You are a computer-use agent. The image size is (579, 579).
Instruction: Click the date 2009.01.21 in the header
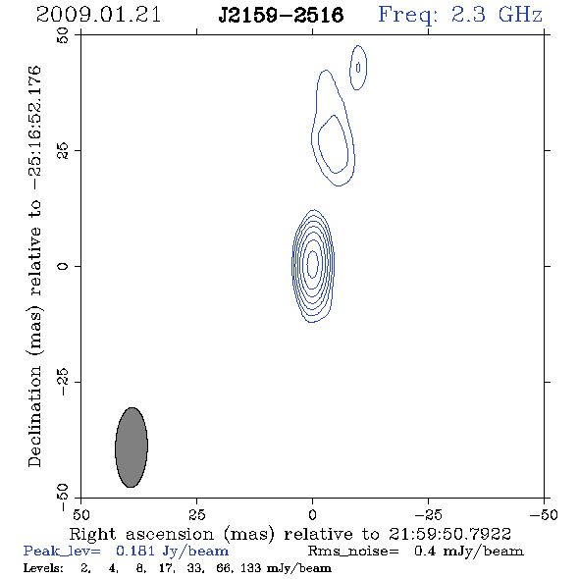[x=98, y=15]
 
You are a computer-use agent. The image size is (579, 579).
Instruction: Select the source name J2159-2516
[x=281, y=15]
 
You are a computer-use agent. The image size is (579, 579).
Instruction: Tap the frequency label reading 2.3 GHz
[x=497, y=15]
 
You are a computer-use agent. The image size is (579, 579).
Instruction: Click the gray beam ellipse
[x=132, y=447]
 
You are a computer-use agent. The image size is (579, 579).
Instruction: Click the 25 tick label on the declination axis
[x=63, y=151]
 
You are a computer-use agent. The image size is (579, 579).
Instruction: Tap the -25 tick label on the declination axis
[x=63, y=382]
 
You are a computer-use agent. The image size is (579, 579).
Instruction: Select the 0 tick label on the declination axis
[x=63, y=266]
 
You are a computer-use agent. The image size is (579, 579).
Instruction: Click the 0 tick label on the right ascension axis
[x=312, y=515]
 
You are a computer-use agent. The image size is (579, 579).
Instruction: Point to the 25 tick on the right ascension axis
[x=196, y=515]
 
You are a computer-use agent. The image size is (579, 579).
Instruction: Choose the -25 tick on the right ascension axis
[x=428, y=515]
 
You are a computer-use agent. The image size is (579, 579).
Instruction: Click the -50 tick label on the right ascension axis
[x=544, y=515]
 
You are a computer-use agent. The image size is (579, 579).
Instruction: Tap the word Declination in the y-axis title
[x=34, y=416]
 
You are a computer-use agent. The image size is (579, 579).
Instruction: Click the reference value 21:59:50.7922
[x=449, y=534]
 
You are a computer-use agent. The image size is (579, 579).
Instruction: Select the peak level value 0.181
[x=135, y=551]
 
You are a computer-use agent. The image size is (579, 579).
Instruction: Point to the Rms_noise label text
[x=353, y=552]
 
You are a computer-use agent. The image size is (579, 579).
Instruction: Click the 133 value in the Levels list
[x=250, y=567]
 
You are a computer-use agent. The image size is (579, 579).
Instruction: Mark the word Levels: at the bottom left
[x=43, y=567]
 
